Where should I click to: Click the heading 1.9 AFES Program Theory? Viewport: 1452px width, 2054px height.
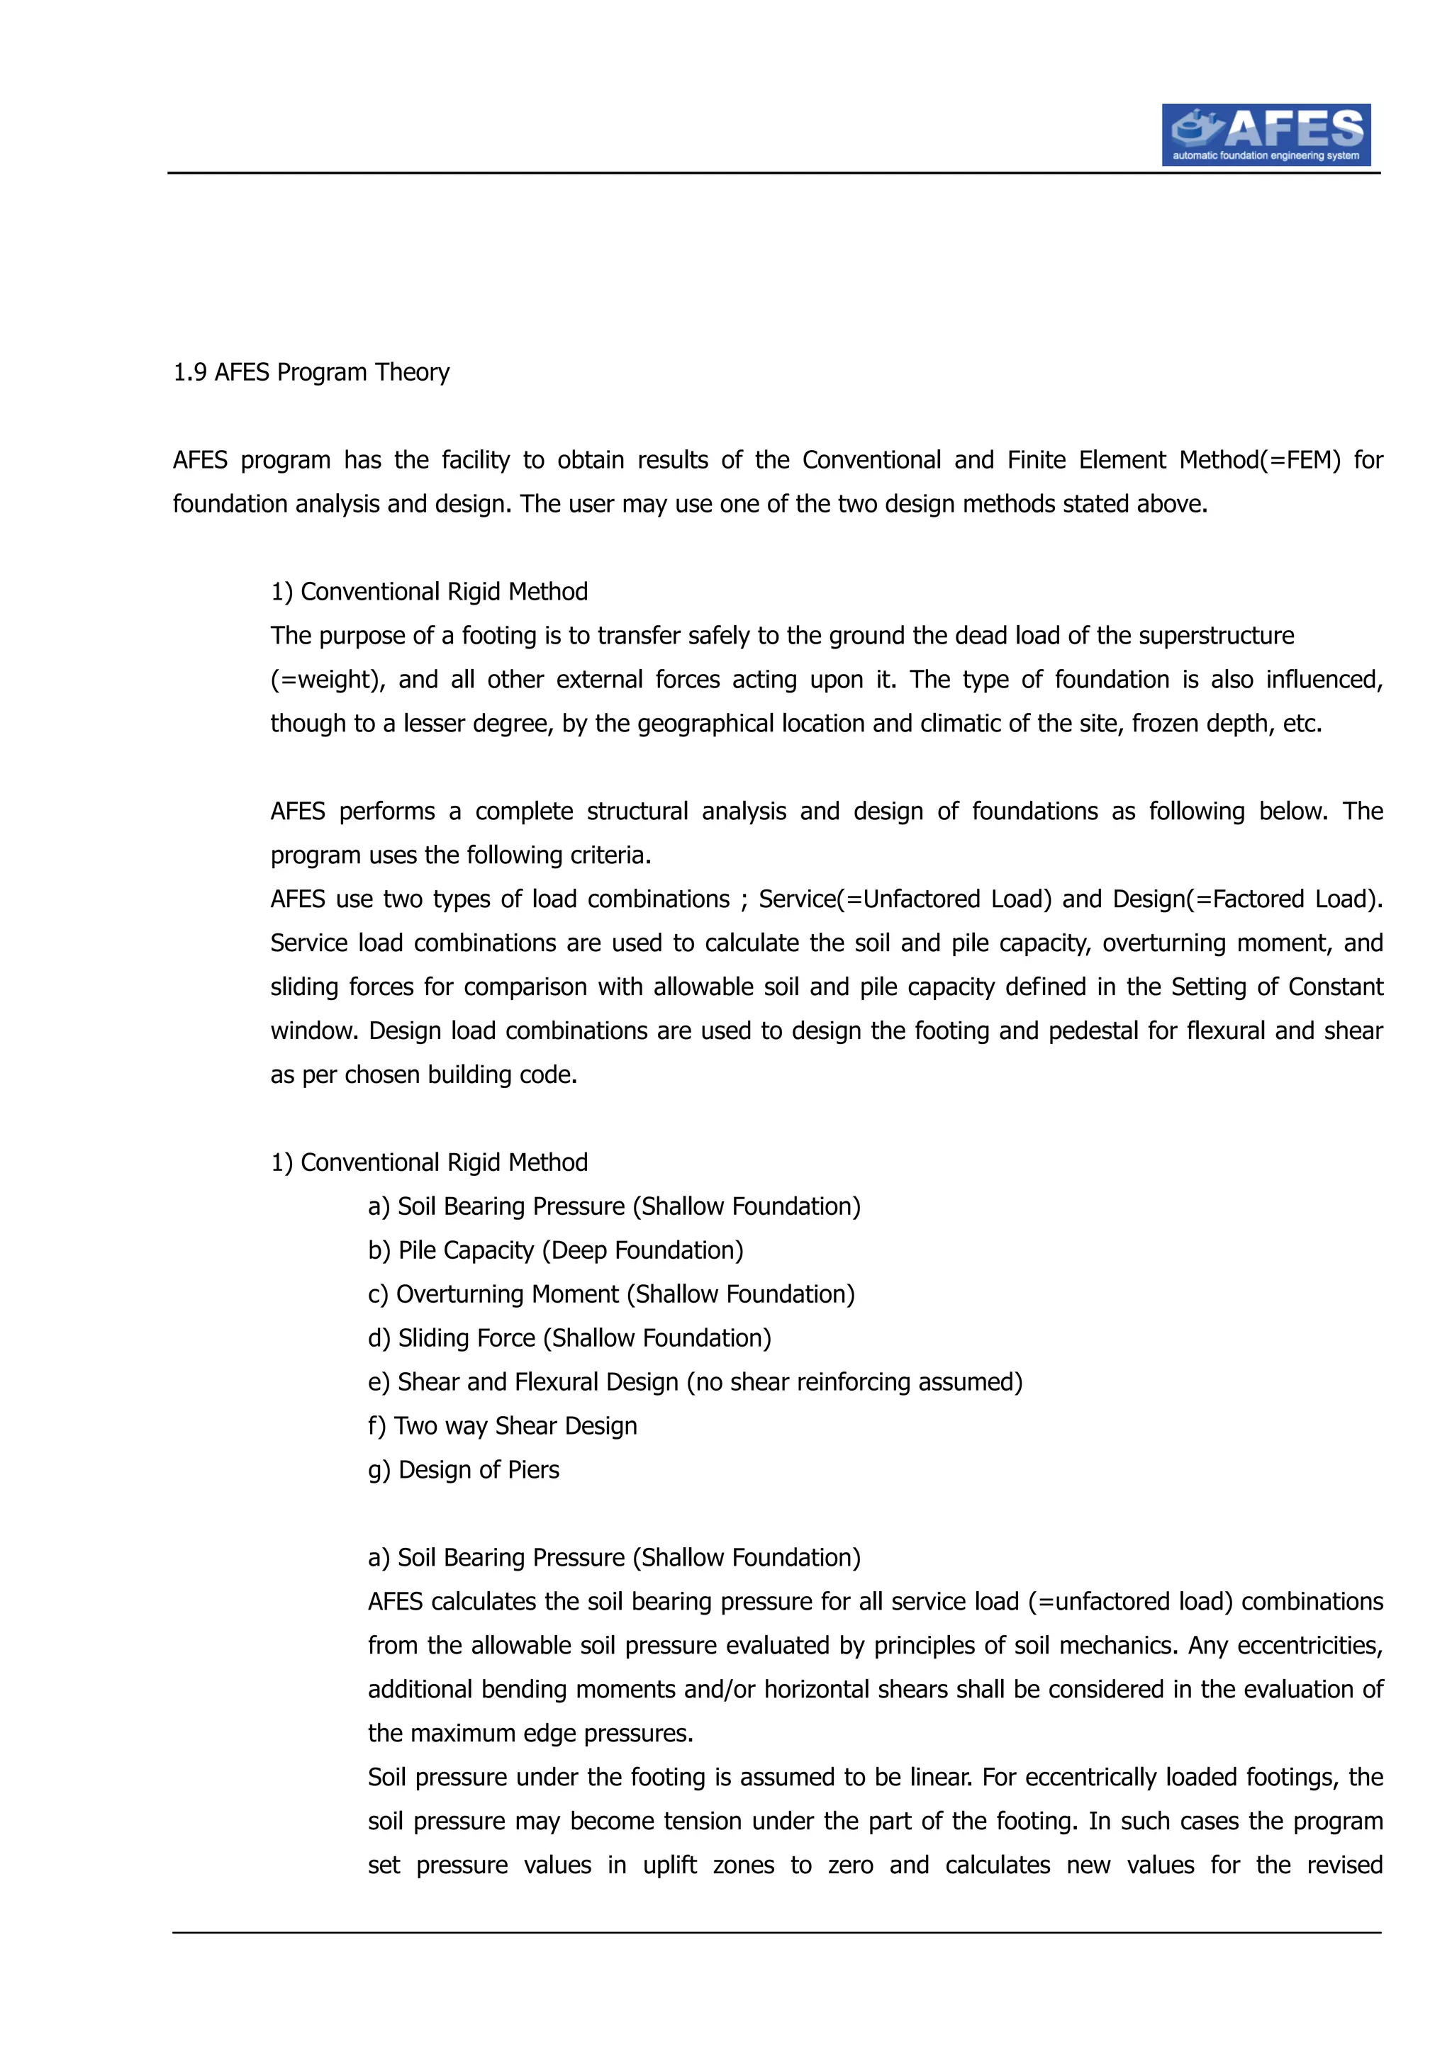click(x=311, y=372)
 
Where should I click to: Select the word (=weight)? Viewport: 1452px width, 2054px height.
click(x=328, y=680)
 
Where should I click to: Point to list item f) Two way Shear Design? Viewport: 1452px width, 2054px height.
click(x=502, y=1426)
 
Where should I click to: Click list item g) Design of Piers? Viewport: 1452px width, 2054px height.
click(x=464, y=1470)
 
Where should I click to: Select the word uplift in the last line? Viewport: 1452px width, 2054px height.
click(x=669, y=1865)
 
